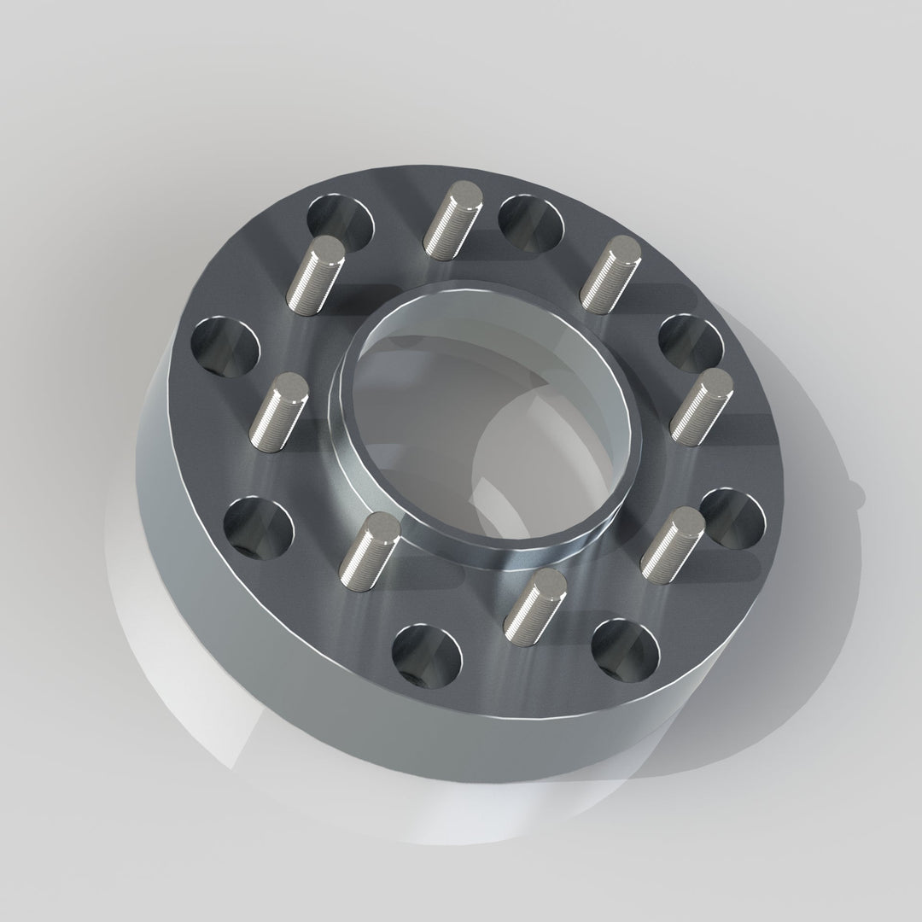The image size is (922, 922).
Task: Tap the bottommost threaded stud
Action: coord(534,605)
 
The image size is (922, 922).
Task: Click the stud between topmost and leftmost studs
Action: coord(315,274)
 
